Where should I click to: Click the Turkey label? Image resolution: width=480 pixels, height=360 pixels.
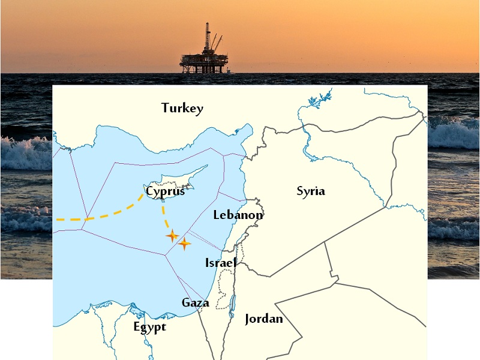click(x=182, y=109)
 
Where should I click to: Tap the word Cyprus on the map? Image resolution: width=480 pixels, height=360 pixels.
click(x=166, y=191)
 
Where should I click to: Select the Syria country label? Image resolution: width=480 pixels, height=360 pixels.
click(x=311, y=191)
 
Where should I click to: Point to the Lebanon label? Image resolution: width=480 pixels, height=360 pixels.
click(x=238, y=215)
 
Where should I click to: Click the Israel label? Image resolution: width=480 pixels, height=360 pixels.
click(x=220, y=263)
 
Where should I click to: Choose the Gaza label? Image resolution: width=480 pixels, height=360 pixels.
click(x=196, y=302)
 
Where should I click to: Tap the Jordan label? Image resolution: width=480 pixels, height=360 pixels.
click(x=263, y=319)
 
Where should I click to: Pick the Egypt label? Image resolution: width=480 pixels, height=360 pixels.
click(x=149, y=328)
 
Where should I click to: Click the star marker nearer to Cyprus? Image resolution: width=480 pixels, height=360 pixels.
click(x=172, y=236)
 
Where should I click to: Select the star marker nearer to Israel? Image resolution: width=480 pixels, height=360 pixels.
click(x=185, y=243)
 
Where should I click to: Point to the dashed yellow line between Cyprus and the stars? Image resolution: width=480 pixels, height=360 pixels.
click(x=163, y=216)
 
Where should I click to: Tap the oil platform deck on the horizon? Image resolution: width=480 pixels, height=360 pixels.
click(x=204, y=61)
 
